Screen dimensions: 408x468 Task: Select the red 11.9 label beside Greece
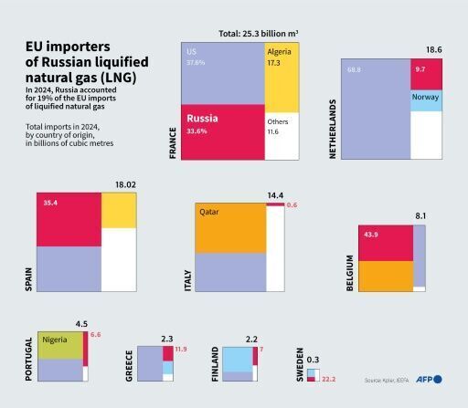(180, 350)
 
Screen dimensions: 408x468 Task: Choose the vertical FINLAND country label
(215, 363)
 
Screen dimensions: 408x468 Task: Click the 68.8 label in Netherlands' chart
(353, 69)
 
